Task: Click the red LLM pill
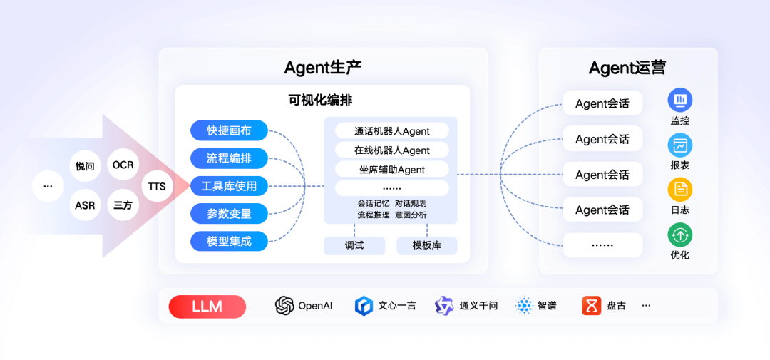pyautogui.click(x=207, y=307)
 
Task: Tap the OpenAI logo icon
pyautogui.click(x=284, y=306)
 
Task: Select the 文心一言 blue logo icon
pyautogui.click(x=364, y=306)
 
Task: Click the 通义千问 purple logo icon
pyautogui.click(x=444, y=306)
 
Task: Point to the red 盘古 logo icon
pyautogui.click(x=592, y=306)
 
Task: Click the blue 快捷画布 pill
pyautogui.click(x=229, y=130)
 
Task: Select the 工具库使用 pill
pyautogui.click(x=229, y=186)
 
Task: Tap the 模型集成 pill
pyautogui.click(x=229, y=241)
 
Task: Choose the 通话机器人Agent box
pyautogui.click(x=391, y=130)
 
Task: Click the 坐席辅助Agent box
pyautogui.click(x=391, y=169)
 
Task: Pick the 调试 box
pyautogui.click(x=354, y=245)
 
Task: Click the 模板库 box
pyautogui.click(x=426, y=245)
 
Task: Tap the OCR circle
pyautogui.click(x=123, y=165)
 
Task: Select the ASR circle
pyautogui.click(x=85, y=205)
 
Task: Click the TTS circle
pyautogui.click(x=157, y=187)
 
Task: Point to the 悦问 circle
pyautogui.click(x=85, y=166)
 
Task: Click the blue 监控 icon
pyautogui.click(x=679, y=100)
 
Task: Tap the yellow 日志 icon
pyautogui.click(x=679, y=190)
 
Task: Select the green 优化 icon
pyautogui.click(x=679, y=235)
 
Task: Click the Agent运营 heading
pyautogui.click(x=627, y=68)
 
